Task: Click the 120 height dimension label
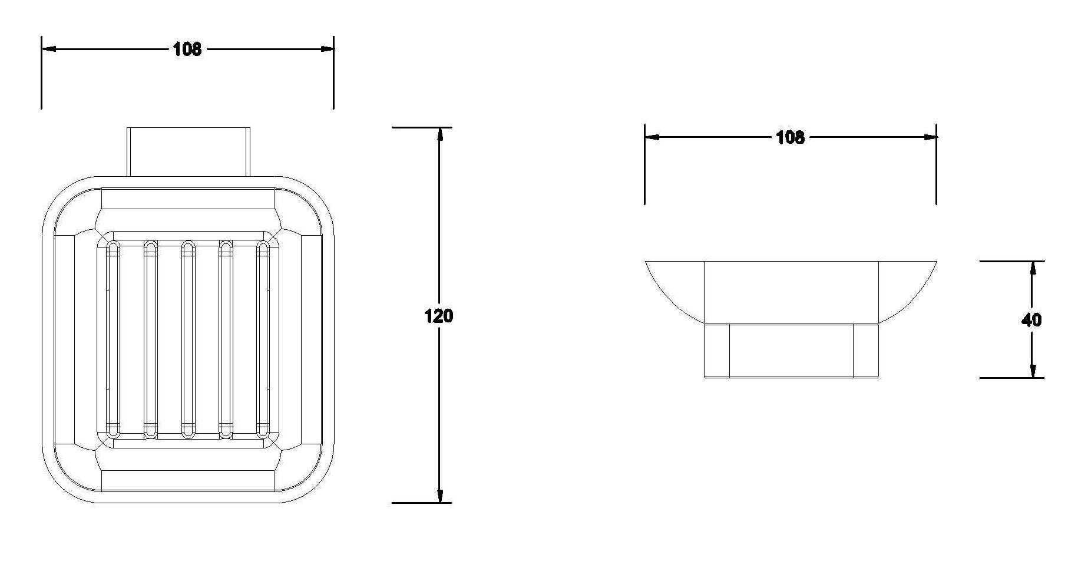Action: (x=439, y=316)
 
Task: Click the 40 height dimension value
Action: (x=1031, y=320)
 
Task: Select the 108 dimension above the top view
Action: (x=187, y=49)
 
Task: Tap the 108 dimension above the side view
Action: (x=790, y=137)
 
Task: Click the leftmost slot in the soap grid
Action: (x=113, y=339)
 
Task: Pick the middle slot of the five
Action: (x=188, y=339)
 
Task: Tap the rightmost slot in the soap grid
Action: (x=263, y=339)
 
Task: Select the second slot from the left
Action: (x=151, y=339)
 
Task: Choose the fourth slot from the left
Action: (x=226, y=339)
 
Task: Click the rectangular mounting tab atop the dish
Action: (x=189, y=151)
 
